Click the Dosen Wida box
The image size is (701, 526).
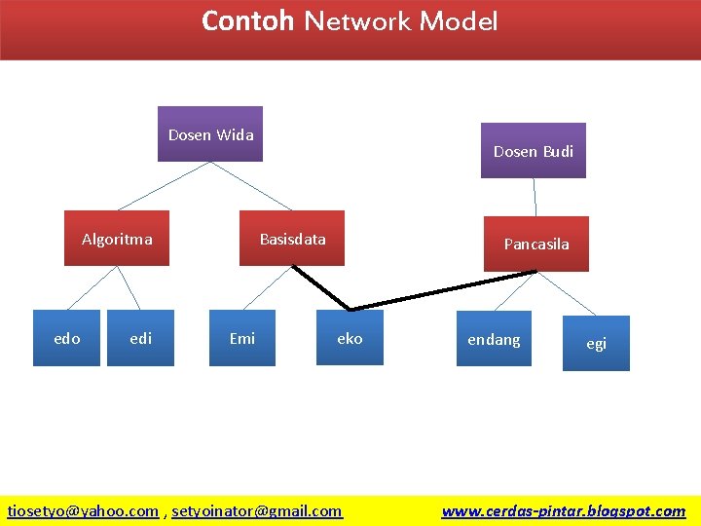pyautogui.click(x=210, y=133)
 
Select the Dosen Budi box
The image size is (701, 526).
pyautogui.click(x=533, y=150)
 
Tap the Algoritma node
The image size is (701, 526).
pyautogui.click(x=117, y=239)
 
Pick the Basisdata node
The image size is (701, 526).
pyautogui.click(x=292, y=239)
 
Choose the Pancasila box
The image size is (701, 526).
pyautogui.click(x=535, y=244)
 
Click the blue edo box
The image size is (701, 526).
pyautogui.click(x=66, y=338)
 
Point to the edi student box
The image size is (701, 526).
pyautogui.click(x=140, y=338)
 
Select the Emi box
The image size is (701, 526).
pyautogui.click(x=242, y=338)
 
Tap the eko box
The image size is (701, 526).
pyautogui.click(x=350, y=338)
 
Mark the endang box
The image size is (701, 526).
pyautogui.click(x=494, y=339)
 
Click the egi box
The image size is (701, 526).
pyautogui.click(x=596, y=343)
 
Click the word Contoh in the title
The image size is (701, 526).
pyautogui.click(x=247, y=20)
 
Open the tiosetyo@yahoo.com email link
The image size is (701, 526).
pyautogui.click(x=83, y=510)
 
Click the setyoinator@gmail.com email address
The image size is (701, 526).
pyautogui.click(x=257, y=510)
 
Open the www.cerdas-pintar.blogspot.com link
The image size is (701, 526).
pyautogui.click(x=563, y=510)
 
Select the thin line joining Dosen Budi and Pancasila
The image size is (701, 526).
pyautogui.click(x=535, y=197)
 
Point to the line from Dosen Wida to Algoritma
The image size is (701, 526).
pyautogui.click(x=163, y=185)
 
